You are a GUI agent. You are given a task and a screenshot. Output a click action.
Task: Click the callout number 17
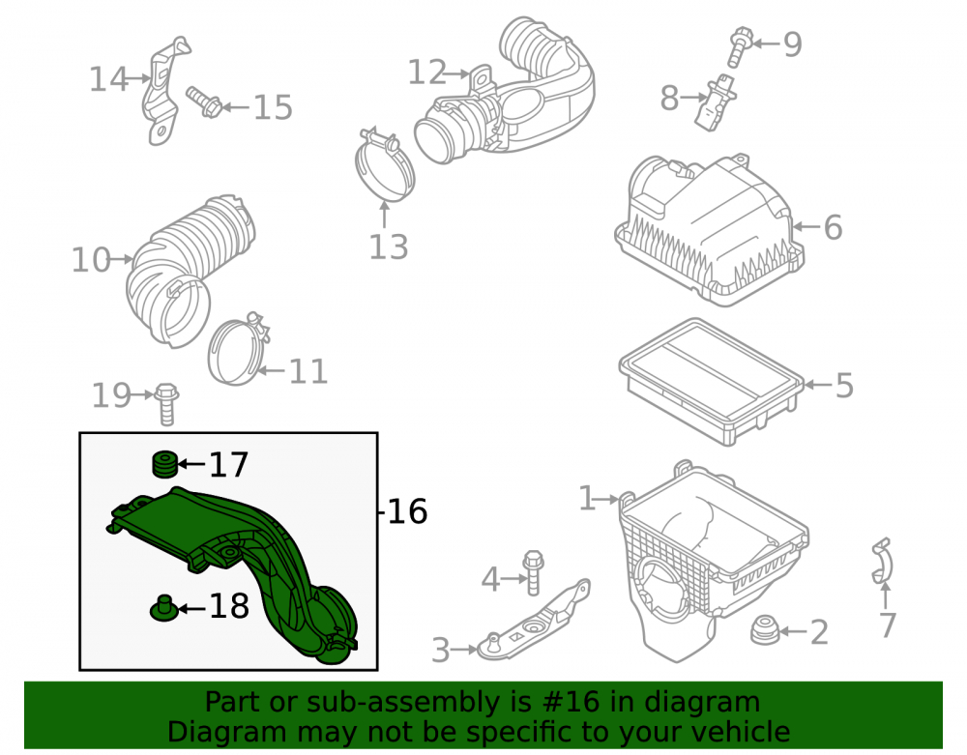[x=228, y=465]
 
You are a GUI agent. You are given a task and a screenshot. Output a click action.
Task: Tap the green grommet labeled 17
[x=164, y=465]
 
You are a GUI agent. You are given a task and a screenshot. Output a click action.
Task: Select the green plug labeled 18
[x=164, y=608]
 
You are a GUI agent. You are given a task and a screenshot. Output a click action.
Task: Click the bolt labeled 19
[x=166, y=404]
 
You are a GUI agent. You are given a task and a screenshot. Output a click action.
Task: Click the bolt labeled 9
[x=740, y=46]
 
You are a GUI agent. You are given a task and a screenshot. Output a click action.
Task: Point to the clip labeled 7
[x=883, y=561]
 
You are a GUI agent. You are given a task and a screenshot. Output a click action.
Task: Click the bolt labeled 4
[x=533, y=572]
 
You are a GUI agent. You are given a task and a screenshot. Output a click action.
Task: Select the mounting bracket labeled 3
[x=534, y=621]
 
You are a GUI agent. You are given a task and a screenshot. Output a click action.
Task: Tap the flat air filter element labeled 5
[x=711, y=381]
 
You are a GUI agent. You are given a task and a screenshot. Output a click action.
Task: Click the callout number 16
[x=407, y=512]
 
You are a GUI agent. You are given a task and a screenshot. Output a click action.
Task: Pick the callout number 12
[x=427, y=73]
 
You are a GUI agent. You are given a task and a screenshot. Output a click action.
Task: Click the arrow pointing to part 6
[x=806, y=227]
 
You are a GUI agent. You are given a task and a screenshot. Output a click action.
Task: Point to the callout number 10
[x=91, y=260]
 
